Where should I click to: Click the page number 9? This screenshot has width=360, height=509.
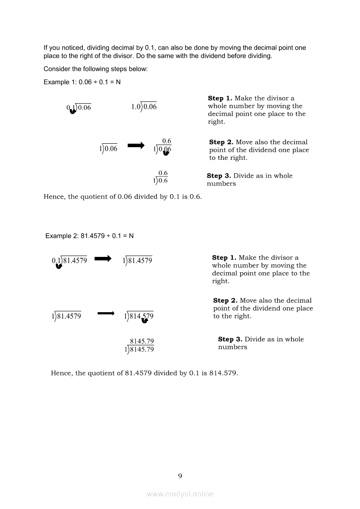click(180, 476)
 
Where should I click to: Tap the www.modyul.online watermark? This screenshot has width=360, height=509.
click(180, 494)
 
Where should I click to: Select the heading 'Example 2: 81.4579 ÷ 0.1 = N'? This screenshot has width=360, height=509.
click(90, 236)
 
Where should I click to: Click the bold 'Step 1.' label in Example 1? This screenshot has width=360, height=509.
click(220, 98)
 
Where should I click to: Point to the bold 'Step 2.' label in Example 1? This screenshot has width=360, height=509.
click(221, 142)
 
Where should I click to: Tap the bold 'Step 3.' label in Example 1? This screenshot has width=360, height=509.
click(219, 176)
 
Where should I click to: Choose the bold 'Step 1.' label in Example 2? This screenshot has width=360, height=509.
click(224, 258)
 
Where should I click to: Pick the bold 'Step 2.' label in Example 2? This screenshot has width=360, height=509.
click(225, 300)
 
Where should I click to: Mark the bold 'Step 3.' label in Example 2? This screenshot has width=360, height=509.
click(230, 339)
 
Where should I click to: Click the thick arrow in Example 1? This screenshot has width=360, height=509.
click(136, 146)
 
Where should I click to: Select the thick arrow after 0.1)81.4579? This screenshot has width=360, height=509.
click(103, 259)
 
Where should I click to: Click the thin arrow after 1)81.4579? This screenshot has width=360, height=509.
click(105, 313)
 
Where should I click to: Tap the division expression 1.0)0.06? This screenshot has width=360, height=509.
click(144, 107)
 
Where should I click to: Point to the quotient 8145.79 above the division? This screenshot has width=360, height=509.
click(142, 341)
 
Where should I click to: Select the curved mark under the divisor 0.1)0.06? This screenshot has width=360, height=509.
click(73, 111)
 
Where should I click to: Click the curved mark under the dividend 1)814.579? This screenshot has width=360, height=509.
click(145, 320)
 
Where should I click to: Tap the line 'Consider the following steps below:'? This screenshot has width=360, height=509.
click(95, 69)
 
